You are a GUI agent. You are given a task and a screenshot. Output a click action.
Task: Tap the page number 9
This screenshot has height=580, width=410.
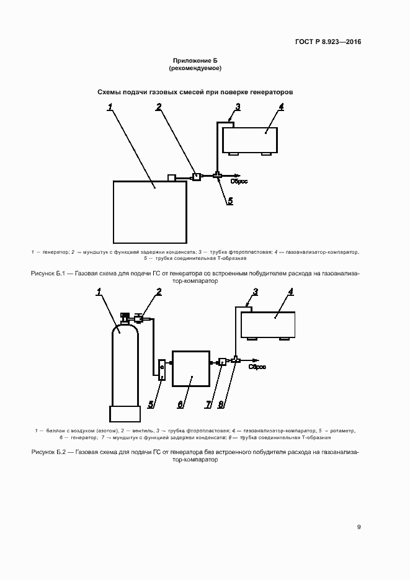click(359, 527)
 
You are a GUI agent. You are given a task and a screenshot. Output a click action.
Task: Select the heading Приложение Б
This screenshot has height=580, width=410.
click(195, 60)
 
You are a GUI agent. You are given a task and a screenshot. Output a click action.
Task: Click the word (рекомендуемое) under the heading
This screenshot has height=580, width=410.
click(195, 68)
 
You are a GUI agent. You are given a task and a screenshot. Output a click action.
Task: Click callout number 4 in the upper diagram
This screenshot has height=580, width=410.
click(281, 107)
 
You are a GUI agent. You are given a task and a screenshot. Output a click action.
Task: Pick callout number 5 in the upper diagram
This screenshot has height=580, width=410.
click(230, 200)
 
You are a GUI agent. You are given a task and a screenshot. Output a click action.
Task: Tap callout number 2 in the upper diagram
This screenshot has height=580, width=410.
click(159, 107)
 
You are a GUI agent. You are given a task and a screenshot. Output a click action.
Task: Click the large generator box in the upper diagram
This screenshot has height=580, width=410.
click(149, 211)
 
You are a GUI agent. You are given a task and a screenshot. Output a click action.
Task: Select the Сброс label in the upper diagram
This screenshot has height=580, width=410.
click(240, 181)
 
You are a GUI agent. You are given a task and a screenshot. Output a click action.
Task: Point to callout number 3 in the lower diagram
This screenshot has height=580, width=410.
click(256, 292)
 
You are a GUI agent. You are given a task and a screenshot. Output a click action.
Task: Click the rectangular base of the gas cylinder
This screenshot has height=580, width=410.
click(125, 414)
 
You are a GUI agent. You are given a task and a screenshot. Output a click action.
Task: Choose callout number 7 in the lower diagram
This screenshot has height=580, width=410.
click(208, 404)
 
